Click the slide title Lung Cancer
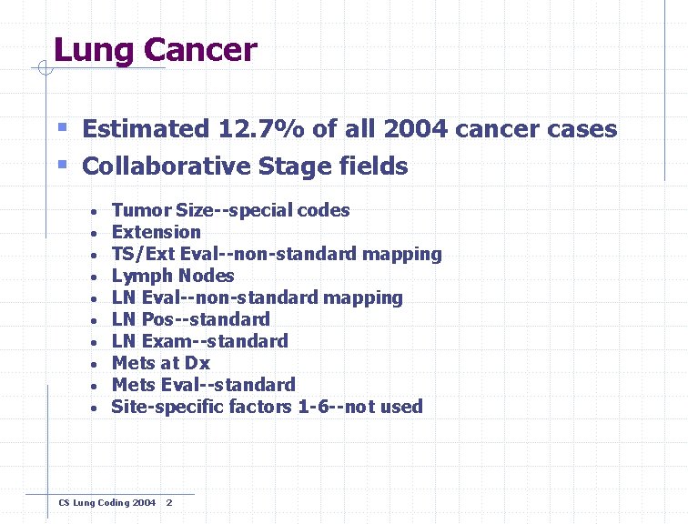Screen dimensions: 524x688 coord(155,50)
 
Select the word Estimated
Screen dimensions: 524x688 coord(145,129)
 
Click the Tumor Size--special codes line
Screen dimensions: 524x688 coord(230,210)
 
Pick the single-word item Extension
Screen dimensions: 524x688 coord(156,232)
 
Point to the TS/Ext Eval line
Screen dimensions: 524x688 coord(277,254)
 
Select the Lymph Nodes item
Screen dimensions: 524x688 coord(173,276)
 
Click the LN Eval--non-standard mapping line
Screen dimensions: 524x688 coord(257,297)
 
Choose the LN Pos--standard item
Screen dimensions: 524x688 coord(190,319)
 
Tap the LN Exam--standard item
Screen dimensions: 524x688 coord(199,341)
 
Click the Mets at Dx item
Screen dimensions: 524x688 coord(160,363)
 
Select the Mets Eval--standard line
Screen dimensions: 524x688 coord(203,385)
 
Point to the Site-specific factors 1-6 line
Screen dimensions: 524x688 coord(267,407)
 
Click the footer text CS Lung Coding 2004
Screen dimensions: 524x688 coord(106,503)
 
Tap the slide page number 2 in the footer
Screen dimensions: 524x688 coord(169,503)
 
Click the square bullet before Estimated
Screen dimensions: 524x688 coord(62,128)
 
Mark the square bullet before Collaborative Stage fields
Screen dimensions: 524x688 coord(62,165)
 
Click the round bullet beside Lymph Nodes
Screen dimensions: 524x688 coord(96,277)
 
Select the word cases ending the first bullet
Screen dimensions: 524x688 coord(581,129)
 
